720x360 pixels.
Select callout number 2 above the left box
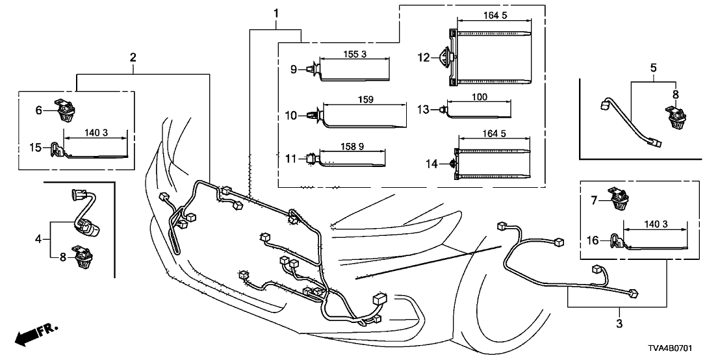[133, 58]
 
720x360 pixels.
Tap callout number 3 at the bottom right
[618, 323]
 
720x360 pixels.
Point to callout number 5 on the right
[654, 67]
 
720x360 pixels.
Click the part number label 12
[423, 57]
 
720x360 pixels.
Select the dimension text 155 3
[355, 55]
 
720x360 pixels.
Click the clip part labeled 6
[66, 110]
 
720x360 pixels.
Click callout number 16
[592, 241]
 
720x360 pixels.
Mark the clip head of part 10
[313, 115]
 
